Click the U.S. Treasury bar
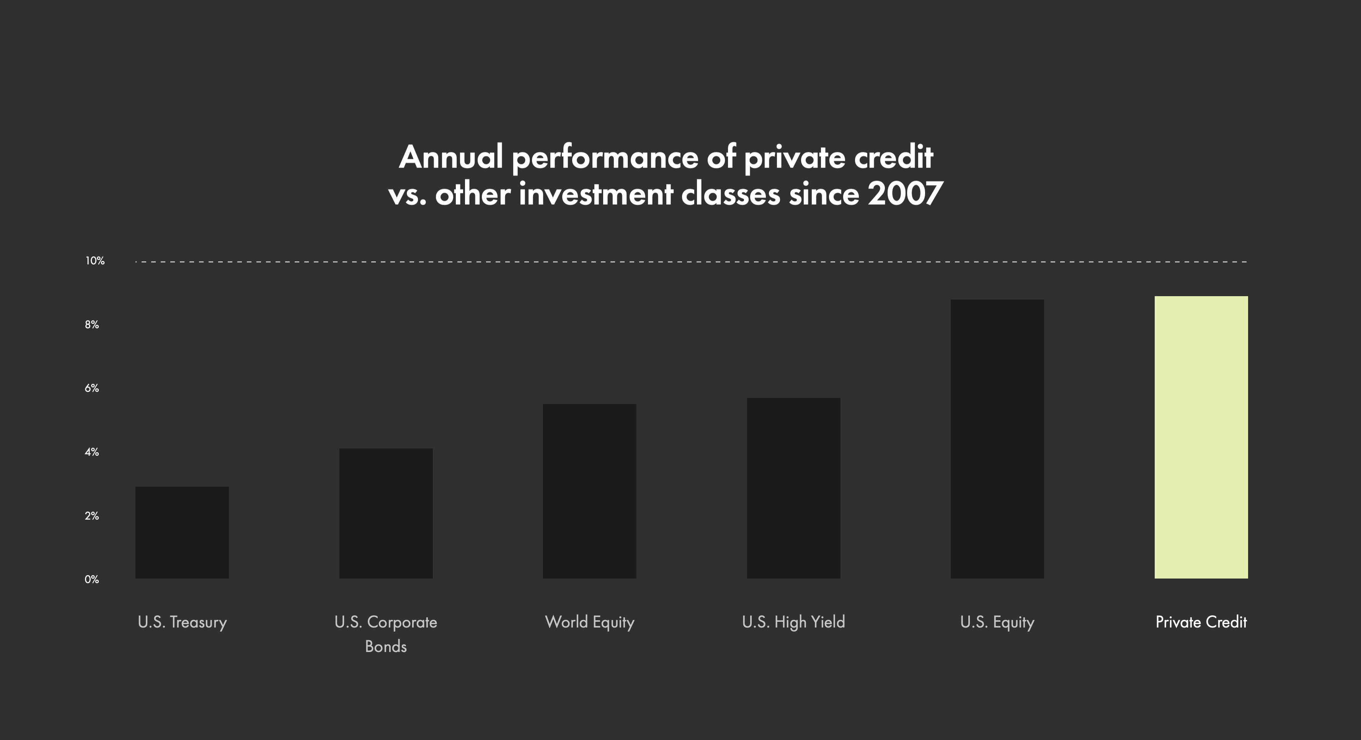(x=182, y=532)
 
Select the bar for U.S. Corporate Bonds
(x=386, y=513)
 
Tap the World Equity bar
(x=590, y=491)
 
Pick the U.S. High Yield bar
(x=793, y=488)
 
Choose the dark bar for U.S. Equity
(x=997, y=439)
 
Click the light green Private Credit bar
(x=1201, y=437)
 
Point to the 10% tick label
(x=95, y=261)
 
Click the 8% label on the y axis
(x=92, y=325)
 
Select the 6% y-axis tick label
(x=92, y=388)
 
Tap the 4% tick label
(x=92, y=452)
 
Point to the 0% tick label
(x=92, y=579)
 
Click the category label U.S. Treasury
(x=182, y=622)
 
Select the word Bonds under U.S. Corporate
(x=386, y=647)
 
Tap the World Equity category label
(x=590, y=622)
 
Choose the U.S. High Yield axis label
(x=793, y=622)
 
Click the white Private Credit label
(x=1201, y=622)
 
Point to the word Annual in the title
(x=451, y=157)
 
